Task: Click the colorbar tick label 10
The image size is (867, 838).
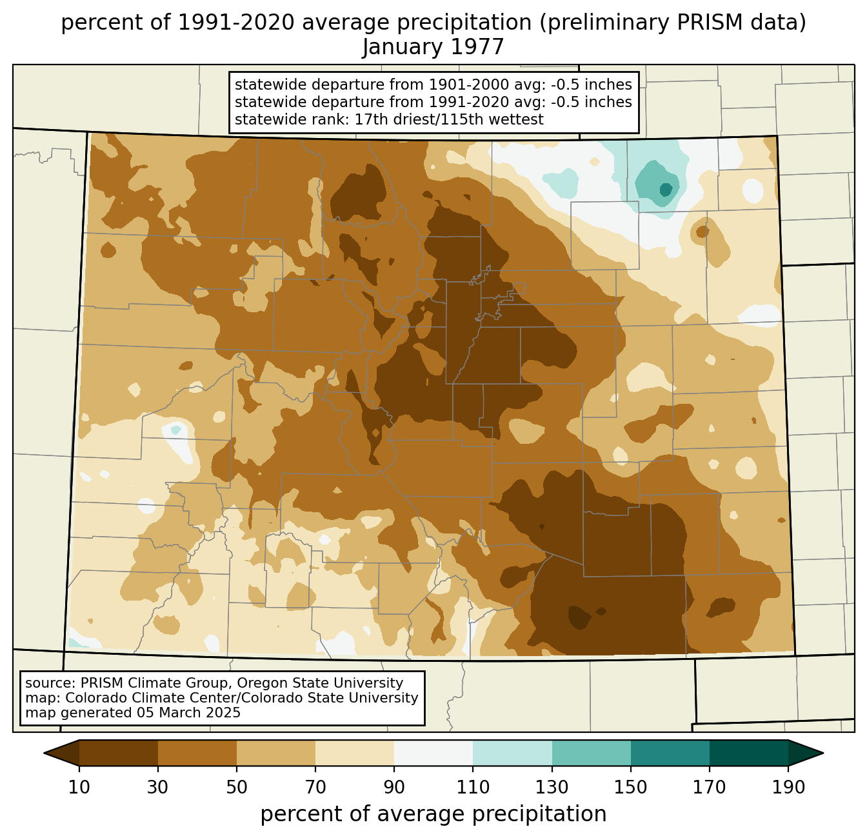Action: click(x=79, y=787)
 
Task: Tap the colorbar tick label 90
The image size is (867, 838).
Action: click(x=394, y=787)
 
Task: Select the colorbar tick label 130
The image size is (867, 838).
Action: click(x=552, y=787)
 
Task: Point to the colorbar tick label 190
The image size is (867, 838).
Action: click(x=788, y=787)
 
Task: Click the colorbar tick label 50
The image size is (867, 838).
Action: click(x=237, y=787)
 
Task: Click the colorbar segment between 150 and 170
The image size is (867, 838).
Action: click(x=670, y=753)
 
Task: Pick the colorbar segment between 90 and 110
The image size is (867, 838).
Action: click(x=433, y=753)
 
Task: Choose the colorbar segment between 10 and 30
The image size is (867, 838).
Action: click(x=119, y=753)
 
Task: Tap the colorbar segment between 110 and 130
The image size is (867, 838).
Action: click(x=512, y=753)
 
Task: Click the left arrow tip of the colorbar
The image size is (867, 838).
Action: click(x=44, y=753)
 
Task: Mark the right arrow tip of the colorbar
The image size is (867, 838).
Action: click(x=823, y=753)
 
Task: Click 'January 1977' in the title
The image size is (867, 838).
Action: click(x=433, y=47)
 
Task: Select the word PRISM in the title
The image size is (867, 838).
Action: click(x=699, y=23)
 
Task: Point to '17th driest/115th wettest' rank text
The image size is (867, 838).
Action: click(x=448, y=119)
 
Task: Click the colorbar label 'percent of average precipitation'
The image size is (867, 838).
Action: click(x=433, y=814)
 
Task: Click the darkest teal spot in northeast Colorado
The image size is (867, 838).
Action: click(x=666, y=190)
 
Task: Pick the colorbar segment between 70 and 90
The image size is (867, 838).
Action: click(x=355, y=753)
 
